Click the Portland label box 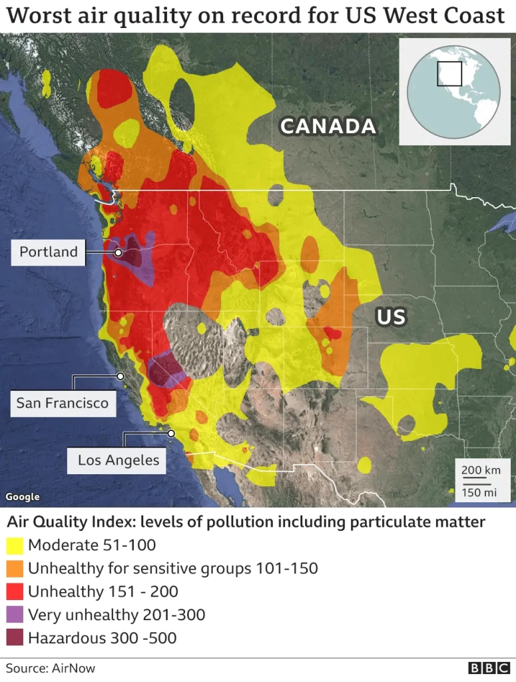(x=49, y=252)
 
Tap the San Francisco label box (x=63, y=403)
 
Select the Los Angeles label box (x=118, y=460)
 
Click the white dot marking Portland (x=119, y=253)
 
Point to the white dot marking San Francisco (x=121, y=376)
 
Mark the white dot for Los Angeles (x=171, y=434)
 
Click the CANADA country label (x=328, y=127)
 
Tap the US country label (x=391, y=316)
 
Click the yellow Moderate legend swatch (x=14, y=546)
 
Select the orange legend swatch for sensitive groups (x=14, y=569)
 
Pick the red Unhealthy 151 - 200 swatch (x=14, y=591)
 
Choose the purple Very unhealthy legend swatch (x=14, y=615)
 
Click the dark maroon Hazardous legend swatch (x=14, y=638)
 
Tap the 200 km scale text (x=481, y=470)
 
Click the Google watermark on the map (x=23, y=497)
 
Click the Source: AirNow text (x=51, y=668)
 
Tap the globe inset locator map (x=453, y=91)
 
